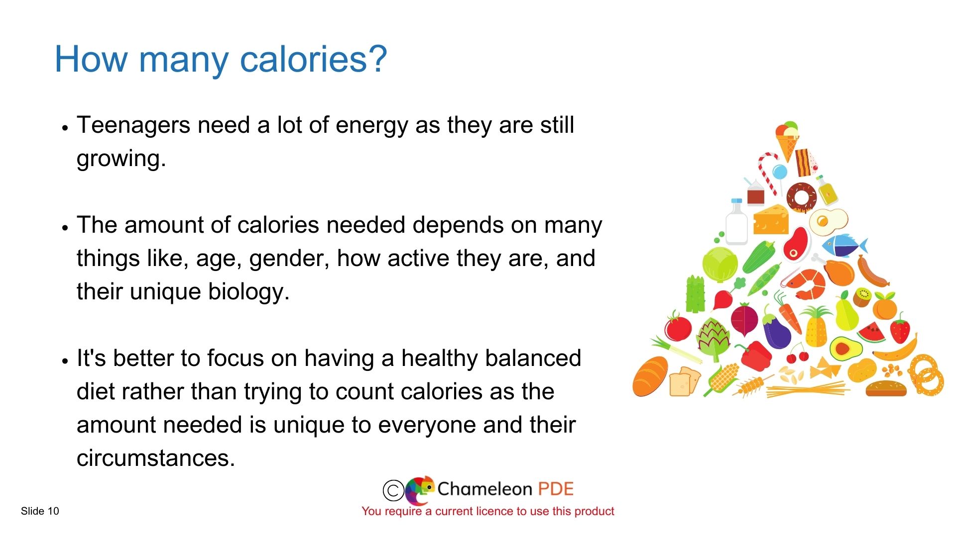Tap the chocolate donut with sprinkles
[x=802, y=197]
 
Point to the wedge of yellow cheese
[x=771, y=219]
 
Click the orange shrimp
[x=807, y=284]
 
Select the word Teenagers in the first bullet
[x=133, y=125]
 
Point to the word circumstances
[x=155, y=458]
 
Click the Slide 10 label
[x=40, y=511]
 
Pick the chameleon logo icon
[x=420, y=490]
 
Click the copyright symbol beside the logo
[x=393, y=490]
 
